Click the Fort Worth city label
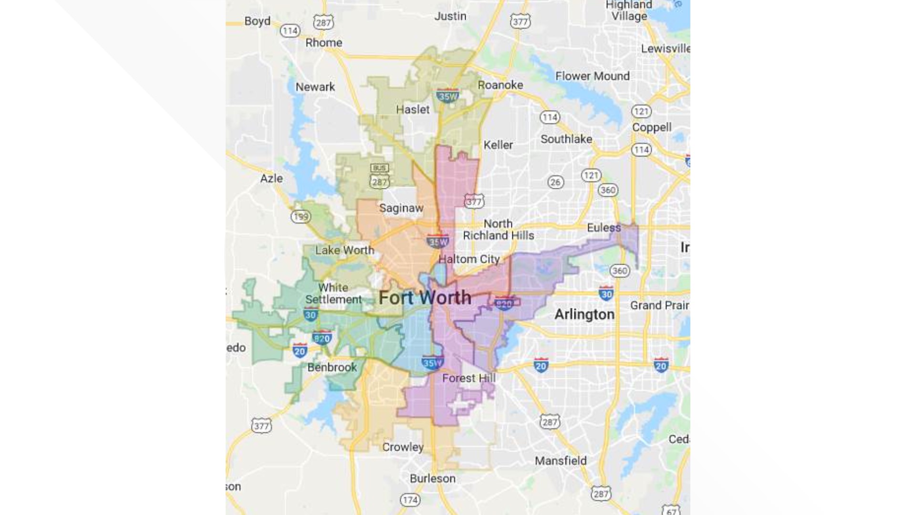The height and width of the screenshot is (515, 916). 425,298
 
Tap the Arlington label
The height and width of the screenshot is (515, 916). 584,315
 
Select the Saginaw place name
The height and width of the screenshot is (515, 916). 401,208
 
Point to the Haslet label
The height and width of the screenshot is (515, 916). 413,110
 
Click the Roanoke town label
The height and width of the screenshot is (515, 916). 500,85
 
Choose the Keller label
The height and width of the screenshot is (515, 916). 498,145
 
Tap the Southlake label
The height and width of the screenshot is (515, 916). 566,139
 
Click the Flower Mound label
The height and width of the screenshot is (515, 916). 592,76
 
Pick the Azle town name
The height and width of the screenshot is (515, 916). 271,179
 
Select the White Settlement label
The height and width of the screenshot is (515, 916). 333,294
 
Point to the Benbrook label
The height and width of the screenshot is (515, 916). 332,368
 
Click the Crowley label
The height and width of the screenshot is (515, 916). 403,447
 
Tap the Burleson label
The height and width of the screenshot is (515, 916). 433,479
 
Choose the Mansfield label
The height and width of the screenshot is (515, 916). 561,461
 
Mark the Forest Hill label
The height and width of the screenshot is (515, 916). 469,379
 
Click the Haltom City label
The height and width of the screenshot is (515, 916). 469,259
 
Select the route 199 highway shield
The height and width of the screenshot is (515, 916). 301,217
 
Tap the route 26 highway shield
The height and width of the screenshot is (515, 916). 555,182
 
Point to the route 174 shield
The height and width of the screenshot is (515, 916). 410,500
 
